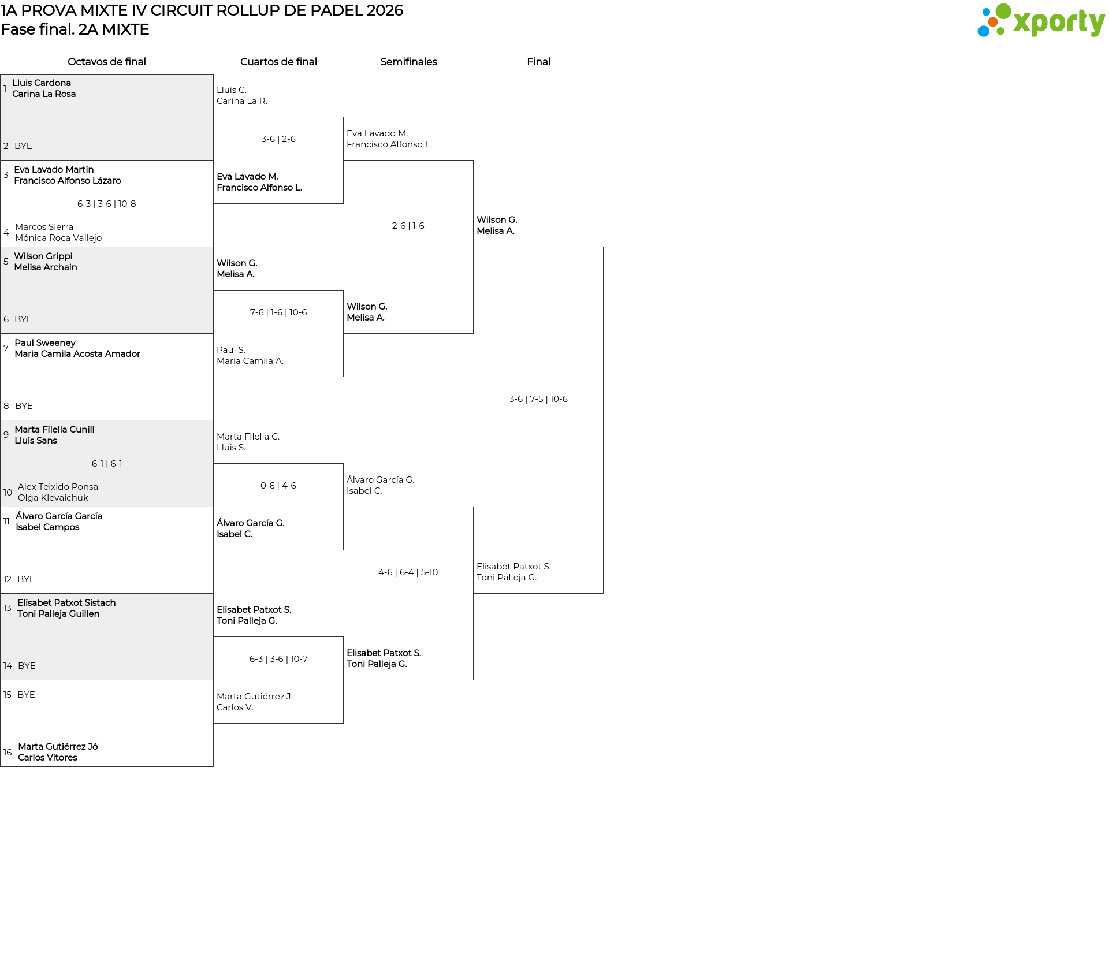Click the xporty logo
coord(1041,21)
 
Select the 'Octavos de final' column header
coord(107,62)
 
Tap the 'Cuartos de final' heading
coord(278,62)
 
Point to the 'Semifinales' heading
coord(408,62)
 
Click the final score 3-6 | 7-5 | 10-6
coord(538,399)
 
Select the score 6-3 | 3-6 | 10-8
coord(107,204)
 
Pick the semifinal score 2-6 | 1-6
coord(408,226)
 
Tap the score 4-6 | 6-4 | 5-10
coord(408,572)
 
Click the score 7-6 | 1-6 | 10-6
coord(278,312)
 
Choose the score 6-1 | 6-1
coord(107,464)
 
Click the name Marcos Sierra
coord(44,227)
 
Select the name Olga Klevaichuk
coord(53,498)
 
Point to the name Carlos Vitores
coord(47,758)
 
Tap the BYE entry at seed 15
coord(26,695)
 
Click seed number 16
coord(8,753)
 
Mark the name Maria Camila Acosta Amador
coord(77,354)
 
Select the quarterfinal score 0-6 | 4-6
coord(278,486)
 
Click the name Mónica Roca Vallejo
coord(58,238)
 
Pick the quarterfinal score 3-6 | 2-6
coord(278,139)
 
